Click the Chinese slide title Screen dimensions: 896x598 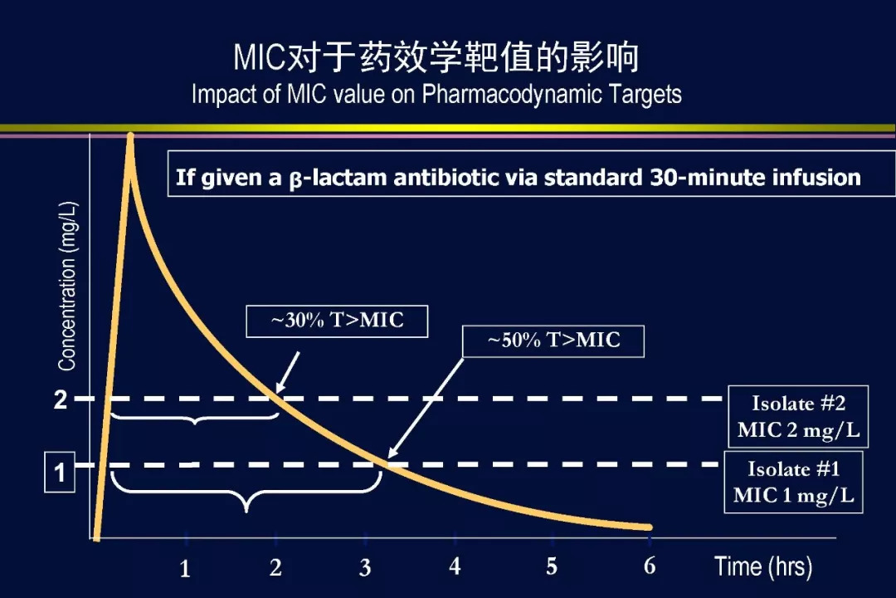(x=436, y=57)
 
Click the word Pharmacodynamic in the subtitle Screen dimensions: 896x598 (x=511, y=95)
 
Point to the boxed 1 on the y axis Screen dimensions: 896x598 (x=60, y=472)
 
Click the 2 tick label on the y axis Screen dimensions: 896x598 (x=60, y=399)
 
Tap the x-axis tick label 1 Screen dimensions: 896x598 (x=184, y=569)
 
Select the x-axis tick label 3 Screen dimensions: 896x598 (x=365, y=567)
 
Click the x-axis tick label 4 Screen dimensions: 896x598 (x=455, y=566)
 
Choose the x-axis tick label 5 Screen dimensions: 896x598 (x=552, y=566)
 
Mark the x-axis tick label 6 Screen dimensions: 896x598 (x=650, y=566)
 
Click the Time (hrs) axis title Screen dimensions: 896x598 (x=763, y=566)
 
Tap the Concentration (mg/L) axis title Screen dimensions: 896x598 (x=67, y=286)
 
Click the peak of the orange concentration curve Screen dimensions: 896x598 (x=130, y=135)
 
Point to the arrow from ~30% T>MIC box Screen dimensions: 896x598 (x=287, y=372)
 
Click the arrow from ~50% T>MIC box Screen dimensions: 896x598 (x=426, y=409)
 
